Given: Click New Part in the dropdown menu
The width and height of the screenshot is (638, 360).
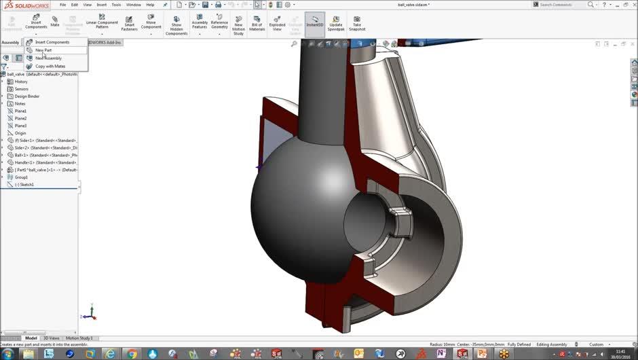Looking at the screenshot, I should (x=43, y=50).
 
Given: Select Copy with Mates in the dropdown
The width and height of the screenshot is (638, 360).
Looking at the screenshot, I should (x=50, y=67).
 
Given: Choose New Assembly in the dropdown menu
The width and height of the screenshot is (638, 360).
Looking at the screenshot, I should (x=48, y=58).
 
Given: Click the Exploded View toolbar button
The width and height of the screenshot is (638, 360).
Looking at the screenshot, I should (x=277, y=24).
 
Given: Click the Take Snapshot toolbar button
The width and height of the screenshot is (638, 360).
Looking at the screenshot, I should (x=357, y=24).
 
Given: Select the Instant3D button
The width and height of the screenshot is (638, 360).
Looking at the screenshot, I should (x=314, y=24).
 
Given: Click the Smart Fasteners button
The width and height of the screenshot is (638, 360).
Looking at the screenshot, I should (x=129, y=24).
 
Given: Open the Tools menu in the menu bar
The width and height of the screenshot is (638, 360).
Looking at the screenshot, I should (x=116, y=5).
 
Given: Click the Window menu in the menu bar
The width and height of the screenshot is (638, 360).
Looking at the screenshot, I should (x=134, y=5).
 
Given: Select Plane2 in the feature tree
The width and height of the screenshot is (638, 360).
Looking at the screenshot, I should (x=20, y=118).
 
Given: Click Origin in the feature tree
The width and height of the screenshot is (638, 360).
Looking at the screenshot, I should (x=20, y=133).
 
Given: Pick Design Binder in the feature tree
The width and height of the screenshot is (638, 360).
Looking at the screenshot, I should (x=27, y=96).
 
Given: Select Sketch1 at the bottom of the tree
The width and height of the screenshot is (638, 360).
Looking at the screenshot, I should (x=24, y=185).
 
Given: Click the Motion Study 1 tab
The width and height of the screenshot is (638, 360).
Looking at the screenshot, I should (x=79, y=338).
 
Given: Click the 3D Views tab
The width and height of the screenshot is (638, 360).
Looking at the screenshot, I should (x=52, y=338).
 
